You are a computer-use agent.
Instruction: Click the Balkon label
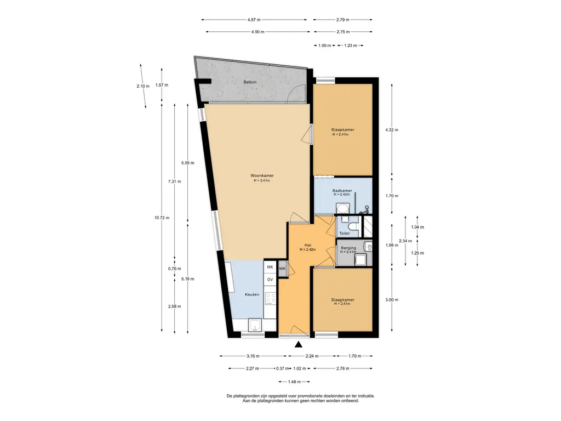click(x=250, y=82)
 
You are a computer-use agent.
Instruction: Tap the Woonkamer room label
click(x=262, y=176)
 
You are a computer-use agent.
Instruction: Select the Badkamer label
click(x=342, y=191)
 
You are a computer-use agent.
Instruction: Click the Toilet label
click(x=344, y=234)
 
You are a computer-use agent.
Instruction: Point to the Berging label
click(x=348, y=248)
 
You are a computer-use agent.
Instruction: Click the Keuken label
click(x=252, y=294)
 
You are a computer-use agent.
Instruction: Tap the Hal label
click(x=308, y=245)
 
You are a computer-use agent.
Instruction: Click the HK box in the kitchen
click(x=270, y=267)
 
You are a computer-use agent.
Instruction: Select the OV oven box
click(x=270, y=280)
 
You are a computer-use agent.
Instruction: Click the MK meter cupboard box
click(x=282, y=269)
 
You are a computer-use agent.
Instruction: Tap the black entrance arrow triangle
click(x=299, y=344)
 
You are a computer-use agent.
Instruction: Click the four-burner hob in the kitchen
click(x=270, y=299)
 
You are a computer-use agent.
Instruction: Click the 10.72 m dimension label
click(x=162, y=218)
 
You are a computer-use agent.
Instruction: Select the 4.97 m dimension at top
click(x=254, y=20)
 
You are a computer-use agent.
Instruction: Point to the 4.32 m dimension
click(x=392, y=130)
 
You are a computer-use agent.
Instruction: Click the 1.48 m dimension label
click(x=294, y=382)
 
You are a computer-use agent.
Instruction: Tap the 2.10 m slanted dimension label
click(x=143, y=86)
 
